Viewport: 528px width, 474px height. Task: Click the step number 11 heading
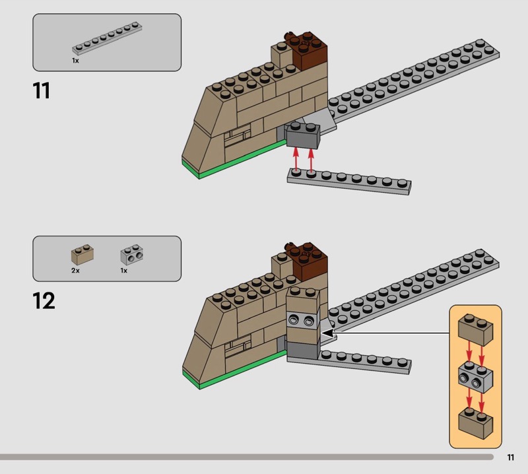pos(42,90)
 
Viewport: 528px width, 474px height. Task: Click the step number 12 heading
pos(44,300)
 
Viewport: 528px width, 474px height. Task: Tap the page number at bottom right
pos(510,457)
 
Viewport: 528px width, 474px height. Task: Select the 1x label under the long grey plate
pos(75,61)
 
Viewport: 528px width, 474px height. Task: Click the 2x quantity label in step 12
pos(75,271)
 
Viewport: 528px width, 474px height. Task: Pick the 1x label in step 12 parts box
pos(124,271)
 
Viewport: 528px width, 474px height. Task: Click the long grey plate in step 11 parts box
pos(107,38)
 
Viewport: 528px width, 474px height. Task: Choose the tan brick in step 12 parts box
pos(82,255)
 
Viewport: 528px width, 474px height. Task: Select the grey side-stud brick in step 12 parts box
pos(131,255)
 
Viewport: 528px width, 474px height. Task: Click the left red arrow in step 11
pos(296,160)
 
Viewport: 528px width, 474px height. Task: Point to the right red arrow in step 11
pos(311,160)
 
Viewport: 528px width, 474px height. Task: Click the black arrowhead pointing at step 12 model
pos(327,333)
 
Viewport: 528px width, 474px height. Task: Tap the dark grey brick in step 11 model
pos(302,135)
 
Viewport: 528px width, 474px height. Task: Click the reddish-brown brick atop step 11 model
pos(310,51)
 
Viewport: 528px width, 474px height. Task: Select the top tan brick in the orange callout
pos(475,330)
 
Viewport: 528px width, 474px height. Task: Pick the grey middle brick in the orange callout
pos(475,377)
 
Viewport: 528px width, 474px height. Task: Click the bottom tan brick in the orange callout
pos(475,423)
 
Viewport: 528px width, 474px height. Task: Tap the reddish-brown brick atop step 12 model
pos(310,260)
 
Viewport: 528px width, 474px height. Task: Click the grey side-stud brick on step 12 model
pos(303,320)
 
